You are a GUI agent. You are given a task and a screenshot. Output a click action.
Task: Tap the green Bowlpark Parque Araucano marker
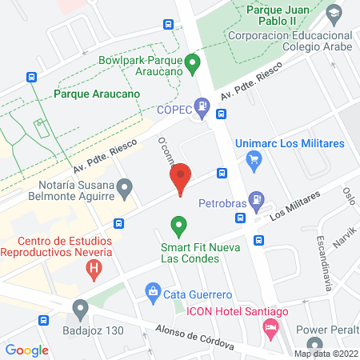tap(192, 62)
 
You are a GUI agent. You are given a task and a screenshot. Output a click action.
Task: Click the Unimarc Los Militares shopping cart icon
tap(255, 158)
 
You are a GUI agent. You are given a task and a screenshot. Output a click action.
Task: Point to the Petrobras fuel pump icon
tap(255, 198)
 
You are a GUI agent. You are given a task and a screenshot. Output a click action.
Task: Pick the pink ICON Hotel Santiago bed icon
tap(271, 326)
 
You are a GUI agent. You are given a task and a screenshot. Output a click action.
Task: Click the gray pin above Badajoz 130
tap(79, 308)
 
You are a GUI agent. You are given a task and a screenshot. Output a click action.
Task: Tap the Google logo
tap(27, 350)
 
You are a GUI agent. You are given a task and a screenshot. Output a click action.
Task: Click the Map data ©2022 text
tap(326, 353)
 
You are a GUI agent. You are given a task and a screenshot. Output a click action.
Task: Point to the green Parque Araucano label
tap(97, 94)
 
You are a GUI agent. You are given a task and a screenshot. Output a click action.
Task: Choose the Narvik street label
tap(345, 238)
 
